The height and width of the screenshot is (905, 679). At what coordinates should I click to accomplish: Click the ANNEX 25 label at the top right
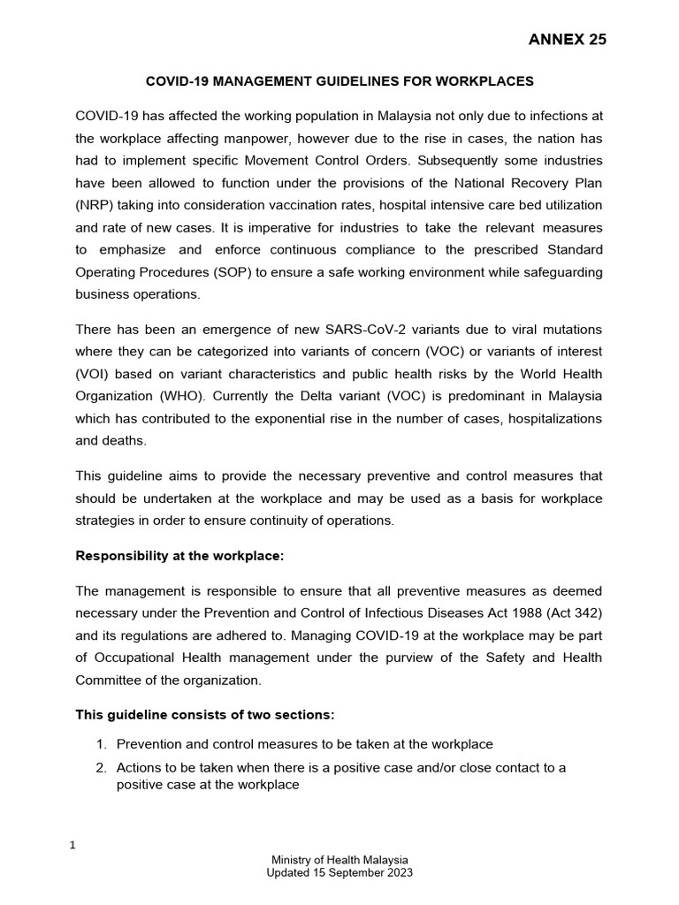pos(567,39)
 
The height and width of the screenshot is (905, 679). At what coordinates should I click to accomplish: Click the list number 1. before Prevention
pos(102,745)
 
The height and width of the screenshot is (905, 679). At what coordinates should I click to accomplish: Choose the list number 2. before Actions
pos(102,768)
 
